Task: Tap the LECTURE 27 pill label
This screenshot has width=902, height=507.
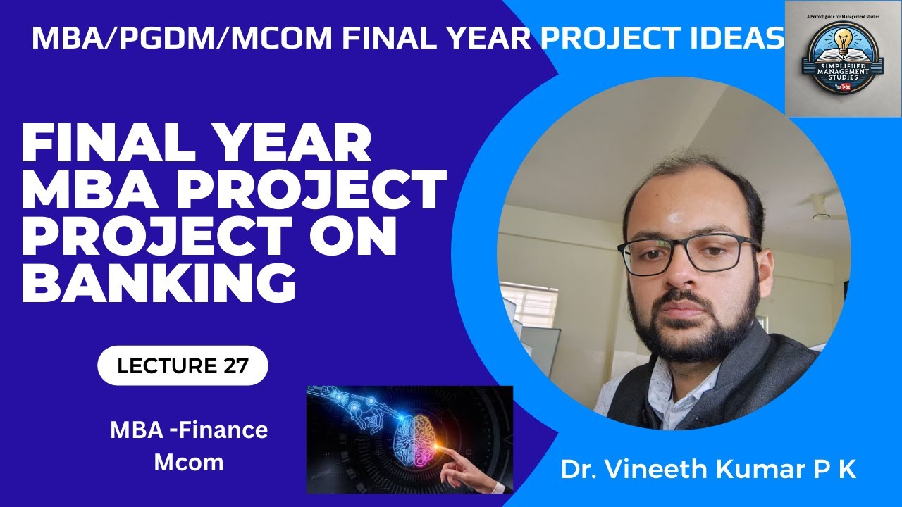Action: coord(183,365)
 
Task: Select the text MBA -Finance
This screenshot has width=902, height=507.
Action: coord(189,430)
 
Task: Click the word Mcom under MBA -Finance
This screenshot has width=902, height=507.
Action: coord(189,463)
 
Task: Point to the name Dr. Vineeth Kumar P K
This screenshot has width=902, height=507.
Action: coord(708,470)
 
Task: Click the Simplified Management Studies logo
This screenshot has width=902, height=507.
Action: coord(842,58)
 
